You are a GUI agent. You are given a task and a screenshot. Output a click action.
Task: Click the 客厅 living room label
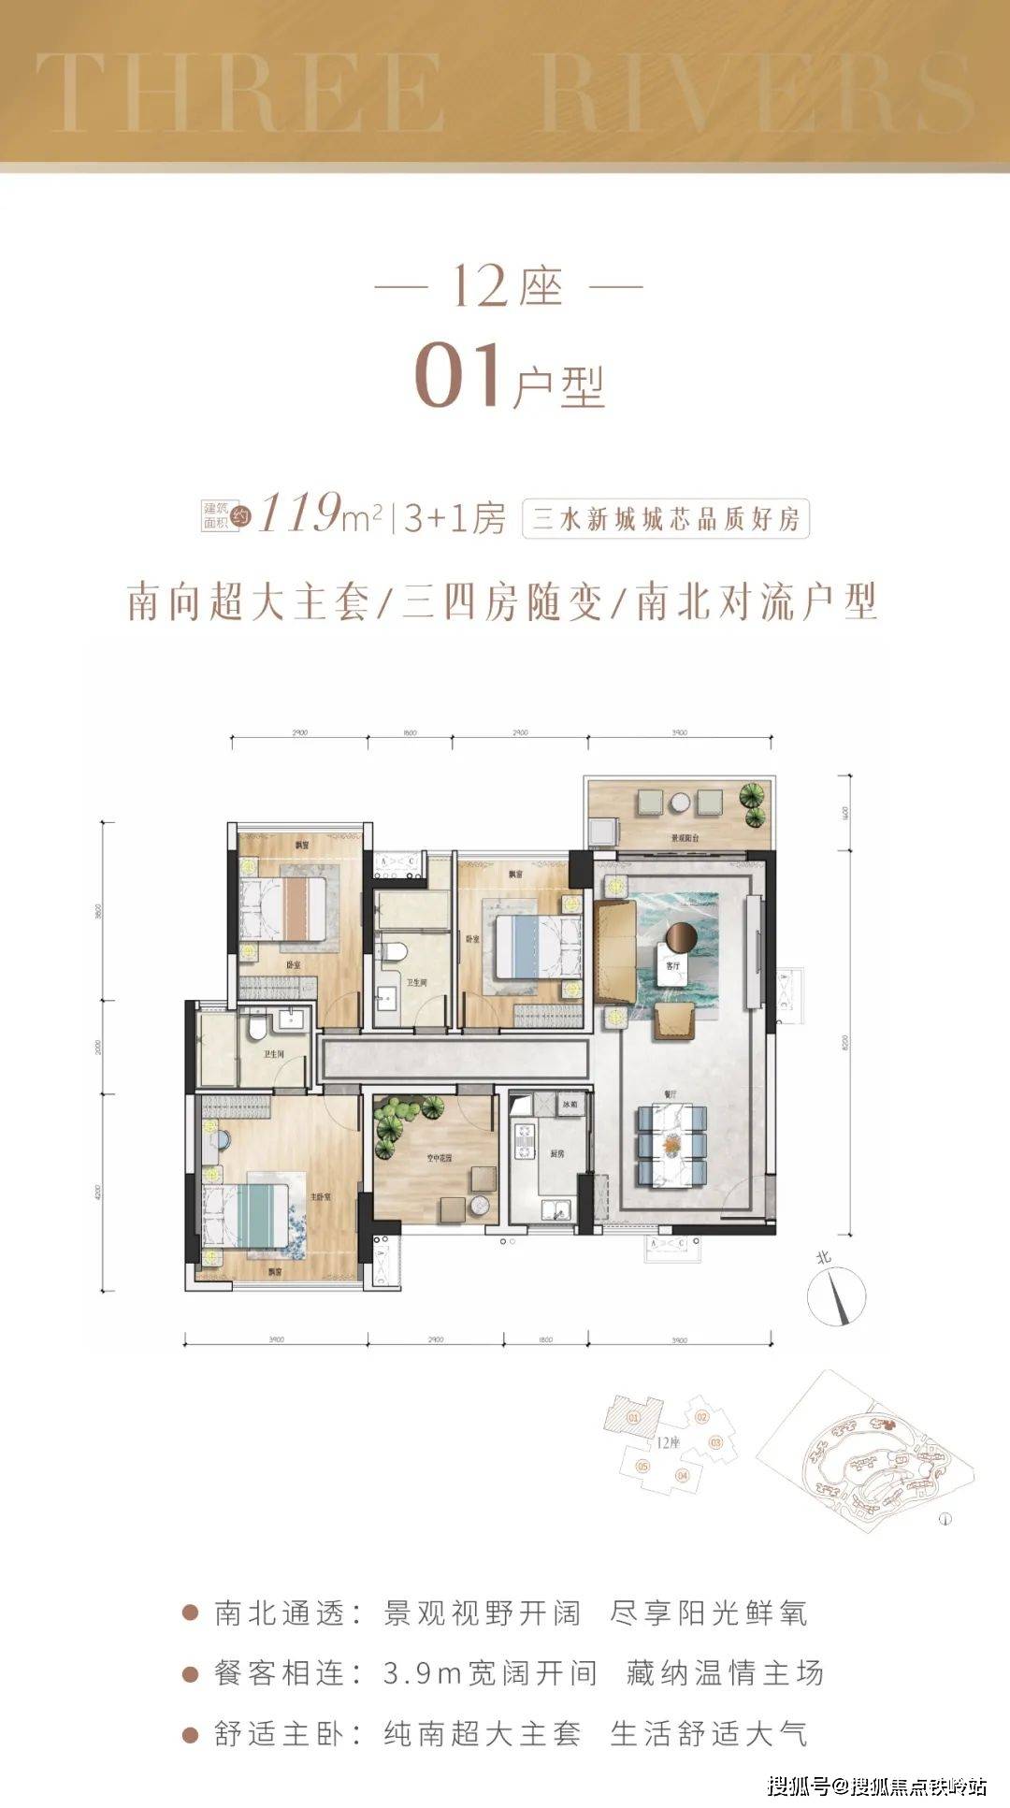coord(670,964)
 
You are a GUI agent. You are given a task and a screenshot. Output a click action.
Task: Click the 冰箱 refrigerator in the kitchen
coord(569,1105)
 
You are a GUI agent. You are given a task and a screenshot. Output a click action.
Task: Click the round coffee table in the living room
coord(683,936)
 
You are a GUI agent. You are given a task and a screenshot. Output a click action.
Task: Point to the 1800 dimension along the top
coord(410,733)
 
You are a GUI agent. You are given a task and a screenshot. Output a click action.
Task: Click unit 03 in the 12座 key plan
coord(715,1442)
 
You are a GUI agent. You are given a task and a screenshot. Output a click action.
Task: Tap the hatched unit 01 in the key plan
coord(634,1418)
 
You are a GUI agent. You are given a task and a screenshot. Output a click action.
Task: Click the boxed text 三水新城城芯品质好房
coord(666,518)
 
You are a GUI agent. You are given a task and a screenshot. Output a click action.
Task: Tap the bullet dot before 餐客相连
coord(191,1673)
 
